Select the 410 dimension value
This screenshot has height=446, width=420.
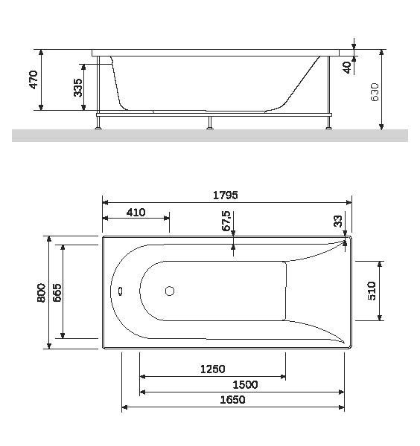(x=136, y=213)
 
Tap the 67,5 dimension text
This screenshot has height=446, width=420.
(x=226, y=222)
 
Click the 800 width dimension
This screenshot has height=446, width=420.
(x=41, y=292)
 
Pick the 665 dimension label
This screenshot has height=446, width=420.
(x=56, y=292)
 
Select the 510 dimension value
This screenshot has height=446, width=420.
(x=373, y=291)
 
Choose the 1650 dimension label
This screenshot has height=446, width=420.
(x=232, y=400)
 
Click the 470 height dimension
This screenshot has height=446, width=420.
(x=33, y=80)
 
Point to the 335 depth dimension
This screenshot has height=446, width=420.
(x=78, y=88)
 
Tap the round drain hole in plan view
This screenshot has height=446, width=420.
(x=170, y=292)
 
